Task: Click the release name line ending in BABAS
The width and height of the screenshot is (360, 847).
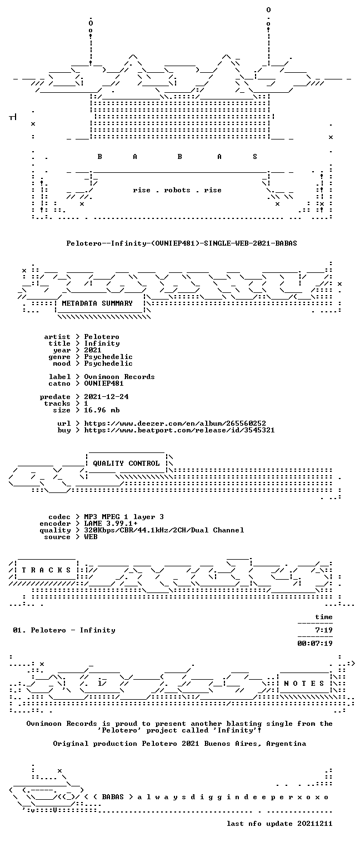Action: point(182,243)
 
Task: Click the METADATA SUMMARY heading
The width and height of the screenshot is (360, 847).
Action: point(97,303)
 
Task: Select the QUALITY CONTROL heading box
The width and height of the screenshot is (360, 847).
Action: point(126,463)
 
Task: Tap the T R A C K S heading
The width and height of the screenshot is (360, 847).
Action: point(47,570)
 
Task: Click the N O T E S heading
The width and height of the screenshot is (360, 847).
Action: point(304,683)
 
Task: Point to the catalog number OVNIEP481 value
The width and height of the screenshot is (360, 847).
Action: point(104,383)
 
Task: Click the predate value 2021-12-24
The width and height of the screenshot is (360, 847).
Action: point(106,397)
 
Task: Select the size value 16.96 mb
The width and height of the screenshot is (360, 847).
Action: point(102,410)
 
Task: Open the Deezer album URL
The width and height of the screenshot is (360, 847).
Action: point(175,423)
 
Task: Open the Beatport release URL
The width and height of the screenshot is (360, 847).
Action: point(179,430)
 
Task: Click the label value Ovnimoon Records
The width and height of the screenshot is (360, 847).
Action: point(119,377)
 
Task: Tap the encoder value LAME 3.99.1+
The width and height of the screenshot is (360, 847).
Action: point(111,524)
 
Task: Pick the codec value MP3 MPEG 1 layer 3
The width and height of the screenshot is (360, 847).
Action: point(124,517)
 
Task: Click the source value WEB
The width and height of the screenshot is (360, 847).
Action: point(91,536)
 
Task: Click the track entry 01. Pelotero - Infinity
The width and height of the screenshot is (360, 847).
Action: point(64,630)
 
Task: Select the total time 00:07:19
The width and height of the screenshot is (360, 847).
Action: point(315,643)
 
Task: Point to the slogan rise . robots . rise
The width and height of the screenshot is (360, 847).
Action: point(177,190)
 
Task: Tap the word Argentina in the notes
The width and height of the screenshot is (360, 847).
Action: point(286,744)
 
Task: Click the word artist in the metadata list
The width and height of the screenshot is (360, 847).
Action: point(57,337)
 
